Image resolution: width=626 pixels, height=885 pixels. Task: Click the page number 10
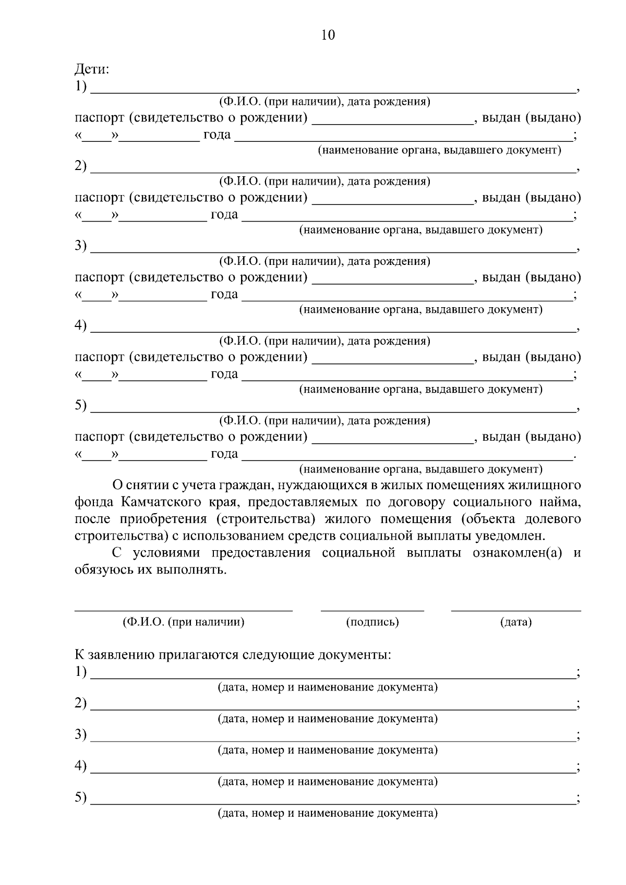tap(328, 35)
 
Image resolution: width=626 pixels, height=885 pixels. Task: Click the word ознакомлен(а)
tap(517, 553)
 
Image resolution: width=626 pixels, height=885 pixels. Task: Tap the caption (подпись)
tap(372, 622)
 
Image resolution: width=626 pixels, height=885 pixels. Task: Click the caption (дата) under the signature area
tap(515, 622)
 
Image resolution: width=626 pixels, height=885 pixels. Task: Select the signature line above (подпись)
tap(372, 609)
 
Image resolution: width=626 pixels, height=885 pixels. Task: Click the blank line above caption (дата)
tap(515, 609)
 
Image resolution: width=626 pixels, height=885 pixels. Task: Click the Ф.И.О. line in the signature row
tap(184, 609)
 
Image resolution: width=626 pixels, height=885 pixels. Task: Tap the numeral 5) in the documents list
tap(80, 797)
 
